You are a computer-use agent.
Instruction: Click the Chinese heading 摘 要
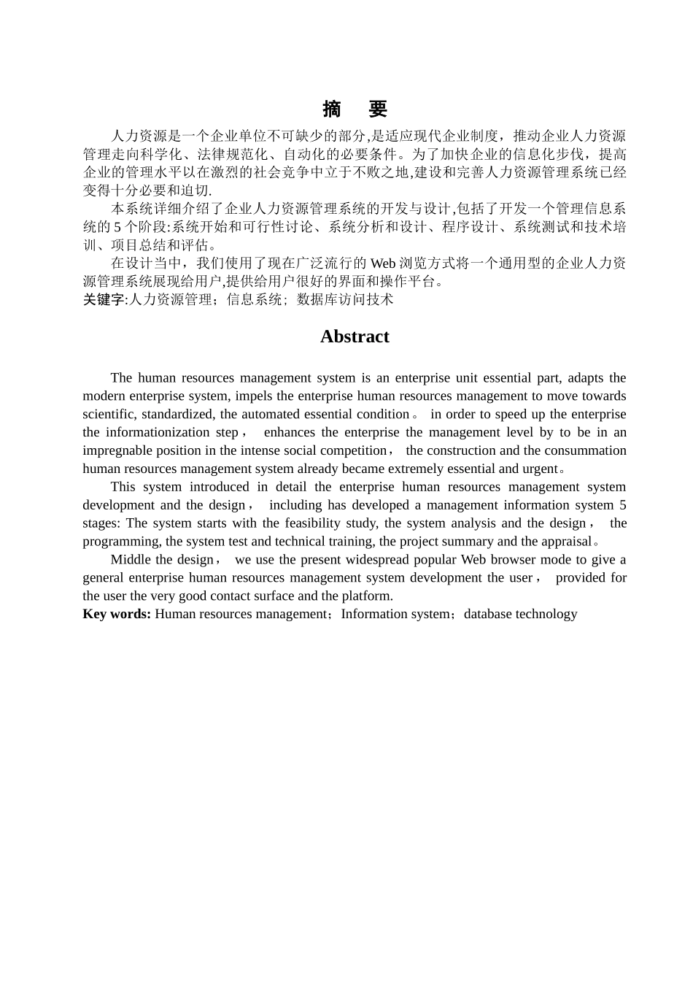[355, 109]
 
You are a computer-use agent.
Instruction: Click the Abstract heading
[355, 336]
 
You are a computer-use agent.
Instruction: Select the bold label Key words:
[117, 614]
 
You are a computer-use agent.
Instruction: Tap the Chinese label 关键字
[104, 299]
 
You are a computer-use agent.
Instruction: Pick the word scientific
[107, 414]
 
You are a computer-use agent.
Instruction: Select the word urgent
[541, 469]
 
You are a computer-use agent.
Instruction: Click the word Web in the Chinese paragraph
[383, 263]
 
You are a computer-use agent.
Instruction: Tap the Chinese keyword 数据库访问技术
[345, 299]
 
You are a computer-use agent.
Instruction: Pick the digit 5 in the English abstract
[622, 504]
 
